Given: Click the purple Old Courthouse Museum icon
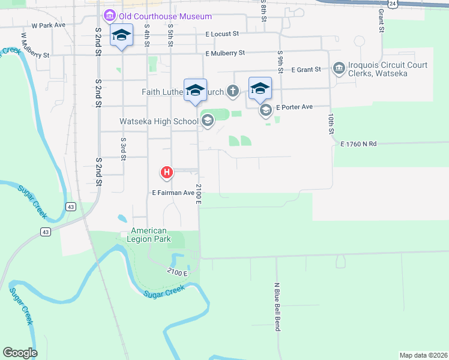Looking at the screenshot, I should click(x=110, y=16).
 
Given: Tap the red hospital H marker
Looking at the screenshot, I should click(x=167, y=173).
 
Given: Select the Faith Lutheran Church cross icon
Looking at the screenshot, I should click(x=233, y=92).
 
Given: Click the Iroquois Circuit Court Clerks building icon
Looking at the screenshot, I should click(x=339, y=68).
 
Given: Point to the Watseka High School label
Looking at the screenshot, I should click(x=159, y=122).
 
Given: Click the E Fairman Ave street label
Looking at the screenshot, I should click(x=173, y=193).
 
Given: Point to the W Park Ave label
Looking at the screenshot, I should click(x=48, y=26).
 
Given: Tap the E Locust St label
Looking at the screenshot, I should click(x=221, y=34).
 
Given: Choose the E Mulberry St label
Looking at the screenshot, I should click(x=224, y=53).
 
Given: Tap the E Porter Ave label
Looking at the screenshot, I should click(x=294, y=107).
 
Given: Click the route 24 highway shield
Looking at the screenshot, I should click(x=392, y=4).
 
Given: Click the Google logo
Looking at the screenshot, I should click(x=20, y=353).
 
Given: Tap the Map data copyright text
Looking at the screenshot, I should click(x=423, y=355).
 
